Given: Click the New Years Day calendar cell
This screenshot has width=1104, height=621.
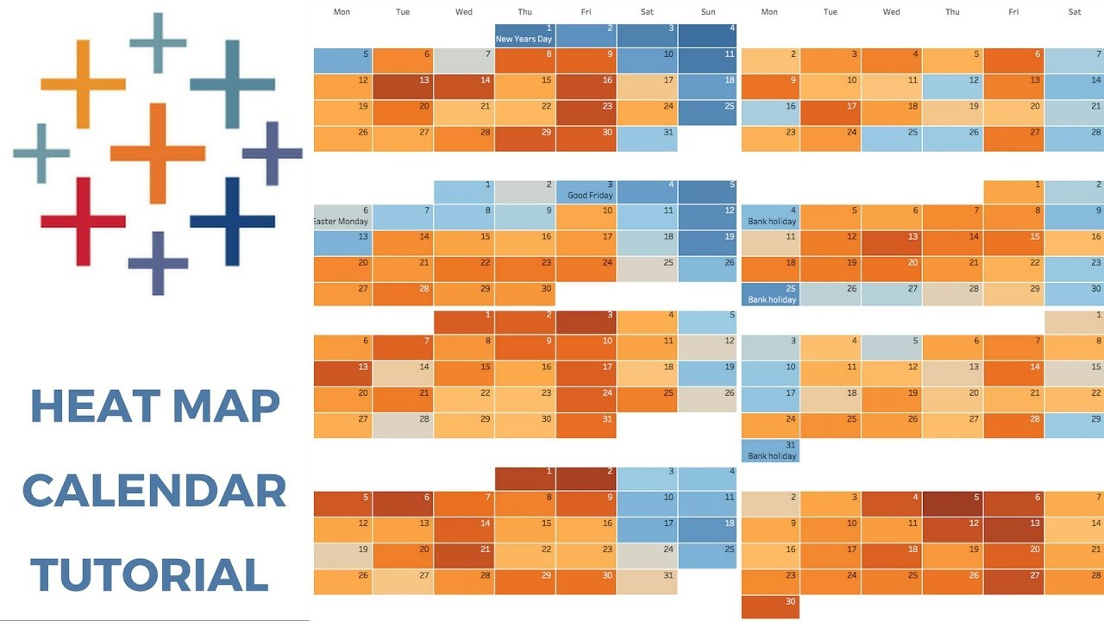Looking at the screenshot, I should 524,34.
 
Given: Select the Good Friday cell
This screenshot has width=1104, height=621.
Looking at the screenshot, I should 586,191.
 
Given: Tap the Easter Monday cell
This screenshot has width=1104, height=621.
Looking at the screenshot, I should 342,216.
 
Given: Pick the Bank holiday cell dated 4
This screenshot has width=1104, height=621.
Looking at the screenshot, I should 770,216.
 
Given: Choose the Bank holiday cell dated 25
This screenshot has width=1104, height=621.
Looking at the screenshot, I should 770,294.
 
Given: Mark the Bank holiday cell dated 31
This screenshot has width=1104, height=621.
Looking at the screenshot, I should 770,450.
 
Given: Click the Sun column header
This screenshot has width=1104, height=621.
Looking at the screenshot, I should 707,11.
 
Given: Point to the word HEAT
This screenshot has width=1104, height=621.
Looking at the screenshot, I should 85,405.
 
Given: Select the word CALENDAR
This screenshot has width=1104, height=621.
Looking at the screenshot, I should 154,490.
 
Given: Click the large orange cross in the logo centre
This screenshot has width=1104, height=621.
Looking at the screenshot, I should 158,154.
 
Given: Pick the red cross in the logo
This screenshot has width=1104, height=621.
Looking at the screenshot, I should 83,222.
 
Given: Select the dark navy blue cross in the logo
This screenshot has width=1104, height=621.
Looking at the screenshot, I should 231,221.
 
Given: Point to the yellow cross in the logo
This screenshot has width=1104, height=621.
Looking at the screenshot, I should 83,84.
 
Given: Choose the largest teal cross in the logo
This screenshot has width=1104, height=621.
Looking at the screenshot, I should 231,84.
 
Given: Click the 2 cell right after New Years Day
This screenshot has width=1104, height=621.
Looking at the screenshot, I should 586,34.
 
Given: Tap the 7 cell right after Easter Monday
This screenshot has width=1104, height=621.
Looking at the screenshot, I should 403,216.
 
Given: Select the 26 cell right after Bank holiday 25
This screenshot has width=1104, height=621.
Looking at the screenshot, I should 831,294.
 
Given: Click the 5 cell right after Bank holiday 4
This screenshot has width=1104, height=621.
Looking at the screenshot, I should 831,216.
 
